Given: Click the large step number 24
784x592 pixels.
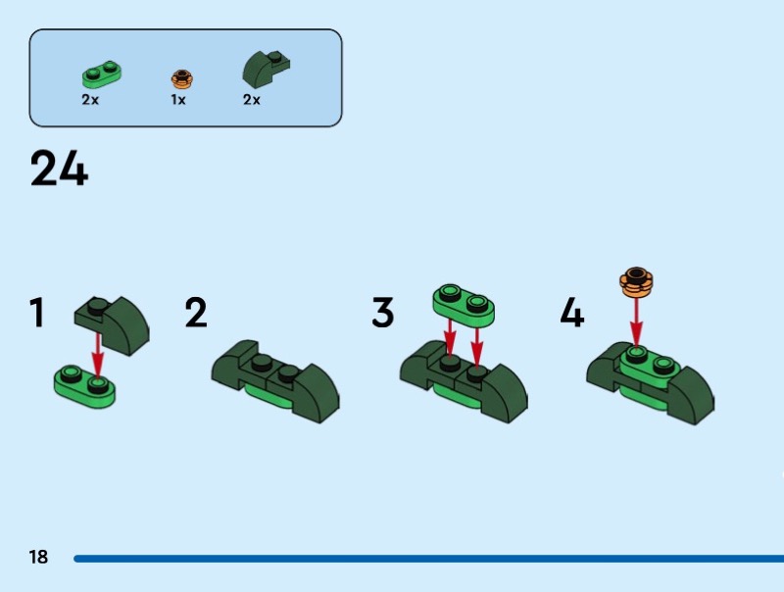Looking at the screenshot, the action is [59, 169].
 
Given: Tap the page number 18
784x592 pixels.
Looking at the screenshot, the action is [38, 557].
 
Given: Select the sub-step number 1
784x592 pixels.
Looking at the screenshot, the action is [37, 313].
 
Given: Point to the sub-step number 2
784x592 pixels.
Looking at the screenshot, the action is [195, 313].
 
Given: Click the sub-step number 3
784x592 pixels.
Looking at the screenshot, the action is [382, 313].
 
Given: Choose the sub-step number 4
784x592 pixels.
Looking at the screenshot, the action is [572, 313].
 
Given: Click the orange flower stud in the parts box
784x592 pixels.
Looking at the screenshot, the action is [182, 79].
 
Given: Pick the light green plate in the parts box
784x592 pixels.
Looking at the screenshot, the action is [102, 74].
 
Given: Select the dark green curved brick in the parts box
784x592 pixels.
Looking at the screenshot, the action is [266, 69].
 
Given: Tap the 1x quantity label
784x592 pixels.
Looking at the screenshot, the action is [178, 100].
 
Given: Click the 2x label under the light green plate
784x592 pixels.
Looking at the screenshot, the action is [90, 100].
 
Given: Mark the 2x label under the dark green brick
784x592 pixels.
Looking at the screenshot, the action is [252, 100].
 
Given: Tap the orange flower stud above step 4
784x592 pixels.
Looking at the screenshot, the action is [636, 282].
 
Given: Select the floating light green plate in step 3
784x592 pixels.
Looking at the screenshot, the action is [464, 304].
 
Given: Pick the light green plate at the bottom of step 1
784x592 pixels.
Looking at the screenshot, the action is [84, 386].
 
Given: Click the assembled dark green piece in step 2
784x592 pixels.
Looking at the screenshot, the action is [275, 381].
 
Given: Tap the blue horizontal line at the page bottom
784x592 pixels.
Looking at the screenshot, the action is [428, 559].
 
